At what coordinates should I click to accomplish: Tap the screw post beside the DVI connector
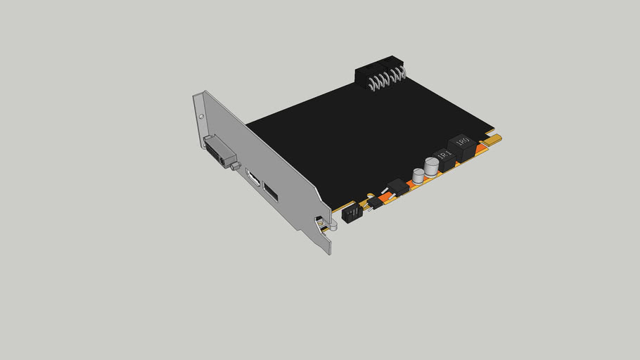pyautogui.click(x=234, y=166)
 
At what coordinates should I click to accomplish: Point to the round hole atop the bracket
pyautogui.click(x=201, y=116)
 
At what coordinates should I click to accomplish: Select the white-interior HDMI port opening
pyautogui.click(x=252, y=179)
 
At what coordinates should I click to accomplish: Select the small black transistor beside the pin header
pyautogui.click(x=373, y=202)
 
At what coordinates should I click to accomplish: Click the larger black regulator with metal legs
pyautogui.click(x=397, y=187)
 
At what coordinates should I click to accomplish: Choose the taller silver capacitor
pyautogui.click(x=430, y=166)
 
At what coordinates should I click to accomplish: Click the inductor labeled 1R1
pyautogui.click(x=445, y=157)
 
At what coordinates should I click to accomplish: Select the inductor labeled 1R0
pyautogui.click(x=461, y=145)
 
